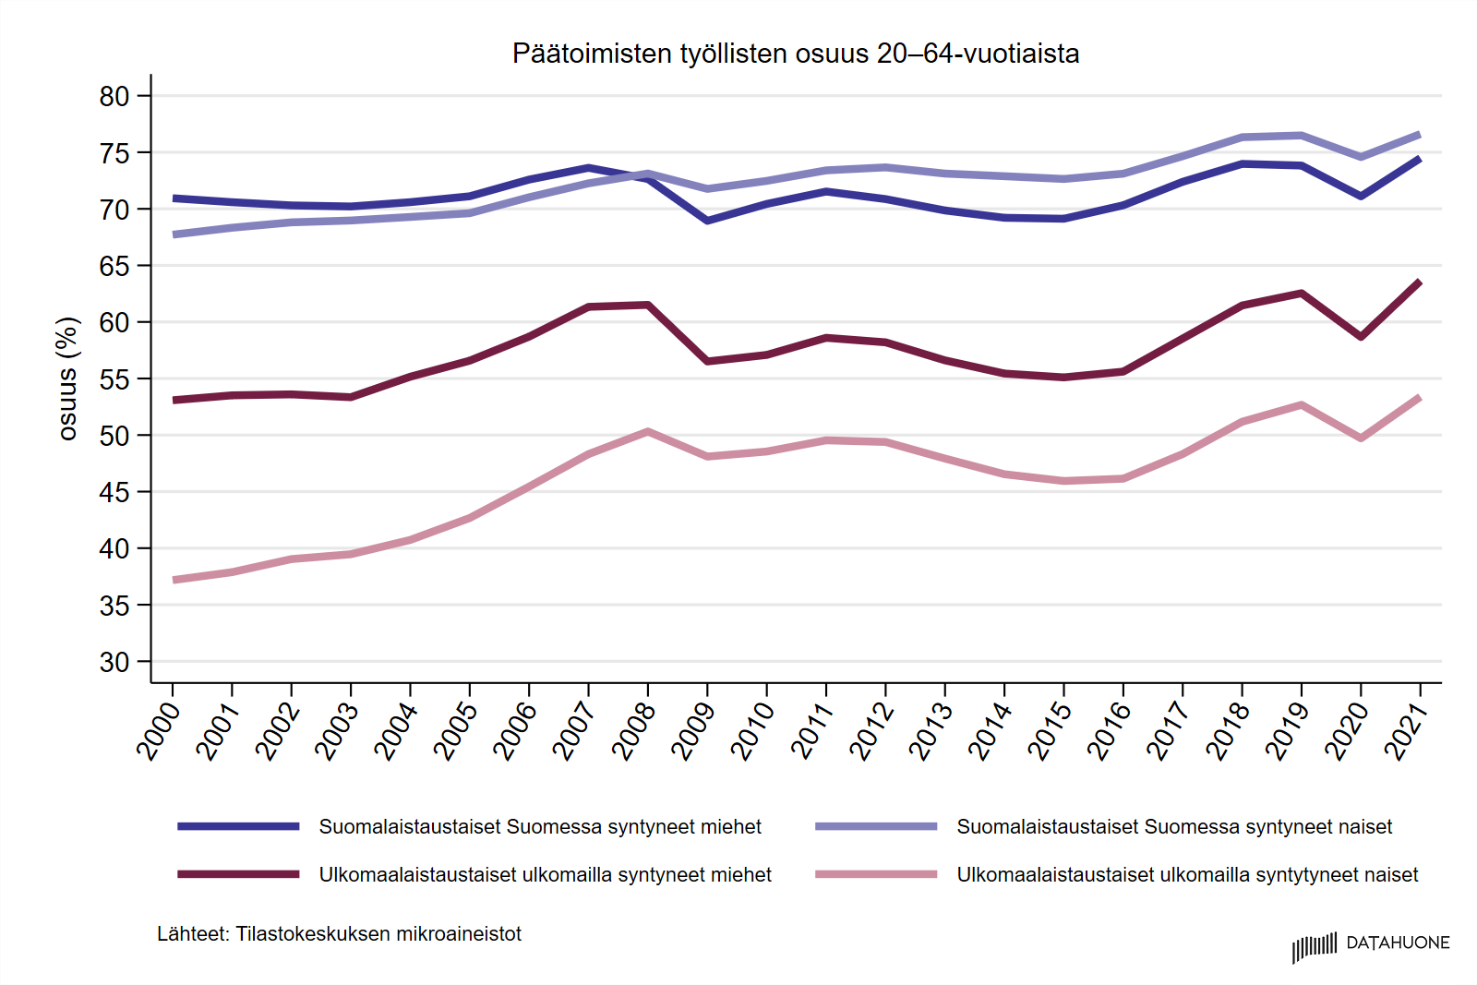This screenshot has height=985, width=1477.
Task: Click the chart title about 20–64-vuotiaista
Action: (795, 54)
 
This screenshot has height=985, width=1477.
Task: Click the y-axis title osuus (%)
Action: (67, 378)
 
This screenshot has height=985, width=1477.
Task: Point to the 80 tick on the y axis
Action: (114, 96)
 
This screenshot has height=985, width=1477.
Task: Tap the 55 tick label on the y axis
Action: (114, 379)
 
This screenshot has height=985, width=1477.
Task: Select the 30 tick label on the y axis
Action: (114, 663)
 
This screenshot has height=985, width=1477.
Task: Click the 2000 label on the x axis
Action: (158, 730)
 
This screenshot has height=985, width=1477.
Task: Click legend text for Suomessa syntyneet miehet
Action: (540, 827)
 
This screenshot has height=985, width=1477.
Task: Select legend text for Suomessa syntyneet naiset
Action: (1174, 827)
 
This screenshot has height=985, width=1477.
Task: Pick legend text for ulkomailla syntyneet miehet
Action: (545, 875)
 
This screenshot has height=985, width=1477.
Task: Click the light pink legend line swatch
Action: (876, 874)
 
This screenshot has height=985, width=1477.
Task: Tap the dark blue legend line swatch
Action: (238, 826)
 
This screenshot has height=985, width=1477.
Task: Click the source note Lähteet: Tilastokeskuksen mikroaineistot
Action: (339, 934)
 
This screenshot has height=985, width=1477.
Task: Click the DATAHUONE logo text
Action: (1398, 943)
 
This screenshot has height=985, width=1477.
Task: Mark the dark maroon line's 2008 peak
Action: (648, 305)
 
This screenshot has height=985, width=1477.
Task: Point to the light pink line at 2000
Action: (174, 580)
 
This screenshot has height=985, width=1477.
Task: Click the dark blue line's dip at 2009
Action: (707, 221)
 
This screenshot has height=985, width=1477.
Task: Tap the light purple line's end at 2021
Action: (1419, 135)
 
